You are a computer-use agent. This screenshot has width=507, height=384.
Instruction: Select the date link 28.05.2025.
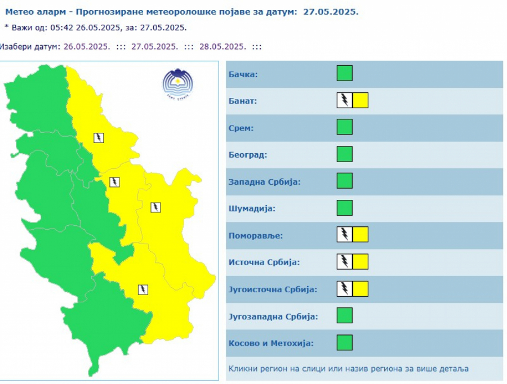click(223, 47)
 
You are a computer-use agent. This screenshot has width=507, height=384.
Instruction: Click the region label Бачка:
click(243, 74)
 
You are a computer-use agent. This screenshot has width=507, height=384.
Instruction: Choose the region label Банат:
click(242, 101)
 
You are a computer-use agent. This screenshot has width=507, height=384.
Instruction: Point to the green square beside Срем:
click(344, 127)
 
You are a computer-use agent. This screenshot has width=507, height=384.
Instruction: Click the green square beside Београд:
click(344, 154)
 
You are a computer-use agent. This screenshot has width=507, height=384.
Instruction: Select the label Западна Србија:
click(264, 182)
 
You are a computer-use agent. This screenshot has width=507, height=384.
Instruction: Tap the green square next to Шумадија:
click(344, 208)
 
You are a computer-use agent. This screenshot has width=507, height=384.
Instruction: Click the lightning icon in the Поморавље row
click(344, 234)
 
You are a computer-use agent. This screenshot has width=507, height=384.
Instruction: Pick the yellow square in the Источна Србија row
click(361, 261)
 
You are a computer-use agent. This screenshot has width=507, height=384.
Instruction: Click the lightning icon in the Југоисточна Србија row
click(344, 288)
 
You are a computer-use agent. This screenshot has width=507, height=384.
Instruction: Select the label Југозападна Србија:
click(273, 316)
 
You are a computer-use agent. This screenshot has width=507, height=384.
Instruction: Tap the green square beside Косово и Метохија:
click(344, 342)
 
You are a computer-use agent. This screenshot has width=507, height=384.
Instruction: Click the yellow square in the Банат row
click(361, 100)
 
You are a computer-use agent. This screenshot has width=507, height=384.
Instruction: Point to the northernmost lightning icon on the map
click(99, 137)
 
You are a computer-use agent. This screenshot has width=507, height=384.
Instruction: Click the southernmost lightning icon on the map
click(143, 289)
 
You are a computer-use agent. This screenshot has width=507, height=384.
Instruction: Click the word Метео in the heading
click(19, 11)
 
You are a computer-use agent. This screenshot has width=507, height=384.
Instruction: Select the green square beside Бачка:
click(344, 73)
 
